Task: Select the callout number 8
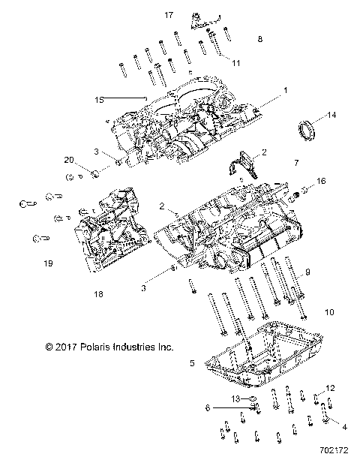[x=259, y=38]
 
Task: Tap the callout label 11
[x=236, y=62]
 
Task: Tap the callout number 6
[x=208, y=407]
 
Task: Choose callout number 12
[x=329, y=389]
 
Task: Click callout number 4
[x=344, y=426]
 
